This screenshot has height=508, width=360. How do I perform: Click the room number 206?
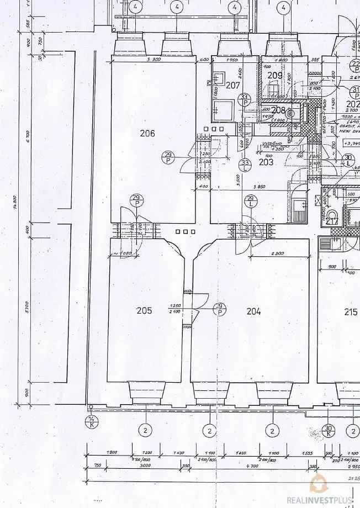tap(147, 133)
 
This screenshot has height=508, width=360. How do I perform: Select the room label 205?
tap(144, 311)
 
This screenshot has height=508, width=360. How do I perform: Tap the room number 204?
tap(253, 311)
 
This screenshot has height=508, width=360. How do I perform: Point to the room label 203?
tap(266, 162)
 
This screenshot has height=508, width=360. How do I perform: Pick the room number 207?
tap(233, 85)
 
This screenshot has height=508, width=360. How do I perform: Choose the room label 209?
tap(275, 76)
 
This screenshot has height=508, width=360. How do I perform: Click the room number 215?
tap(351, 312)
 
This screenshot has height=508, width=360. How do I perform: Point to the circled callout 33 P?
tap(245, 99)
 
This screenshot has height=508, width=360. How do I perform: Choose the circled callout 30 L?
tap(348, 161)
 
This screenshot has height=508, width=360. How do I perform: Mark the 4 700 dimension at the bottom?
tap(252, 467)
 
